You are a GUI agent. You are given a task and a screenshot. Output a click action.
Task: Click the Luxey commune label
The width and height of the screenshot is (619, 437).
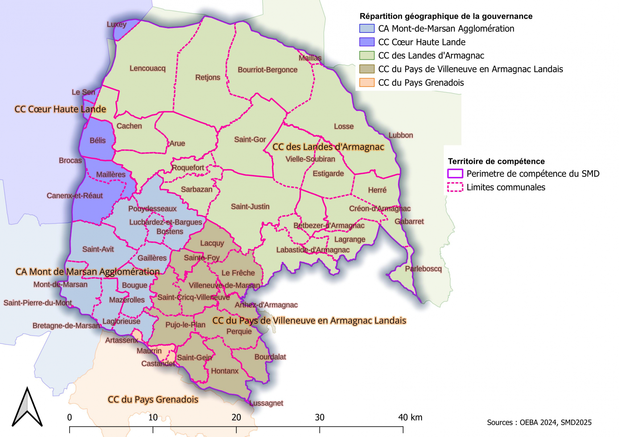116,24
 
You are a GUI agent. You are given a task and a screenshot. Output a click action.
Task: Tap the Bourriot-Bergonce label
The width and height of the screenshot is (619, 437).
267,70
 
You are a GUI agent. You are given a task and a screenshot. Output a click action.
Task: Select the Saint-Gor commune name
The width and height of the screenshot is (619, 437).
250,139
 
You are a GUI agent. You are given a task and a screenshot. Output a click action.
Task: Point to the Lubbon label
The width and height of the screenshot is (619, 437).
401,135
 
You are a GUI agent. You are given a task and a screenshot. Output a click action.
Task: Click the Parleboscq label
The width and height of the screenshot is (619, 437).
423,269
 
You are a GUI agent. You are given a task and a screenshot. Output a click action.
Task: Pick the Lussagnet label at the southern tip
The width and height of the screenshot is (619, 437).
266,403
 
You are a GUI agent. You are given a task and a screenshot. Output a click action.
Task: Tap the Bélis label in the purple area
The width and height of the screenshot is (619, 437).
98,140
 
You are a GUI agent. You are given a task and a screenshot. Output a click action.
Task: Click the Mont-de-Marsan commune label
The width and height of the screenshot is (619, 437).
60,285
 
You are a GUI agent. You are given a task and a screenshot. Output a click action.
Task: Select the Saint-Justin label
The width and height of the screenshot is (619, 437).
250,206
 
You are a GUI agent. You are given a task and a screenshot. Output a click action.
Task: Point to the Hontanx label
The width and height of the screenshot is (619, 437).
225,371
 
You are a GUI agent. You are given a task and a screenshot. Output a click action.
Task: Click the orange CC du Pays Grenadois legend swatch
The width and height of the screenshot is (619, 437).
367,83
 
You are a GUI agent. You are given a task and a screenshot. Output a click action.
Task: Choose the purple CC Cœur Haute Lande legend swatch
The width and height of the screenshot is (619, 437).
367,42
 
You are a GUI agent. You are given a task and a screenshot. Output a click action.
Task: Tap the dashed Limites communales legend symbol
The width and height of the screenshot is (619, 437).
455,187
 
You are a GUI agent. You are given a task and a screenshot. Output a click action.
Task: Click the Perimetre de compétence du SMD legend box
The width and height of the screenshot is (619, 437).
455,174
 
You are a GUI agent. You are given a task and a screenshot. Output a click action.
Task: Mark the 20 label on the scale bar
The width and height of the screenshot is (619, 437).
236,417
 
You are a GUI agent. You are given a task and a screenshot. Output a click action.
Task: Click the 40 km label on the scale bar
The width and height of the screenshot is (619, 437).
410,417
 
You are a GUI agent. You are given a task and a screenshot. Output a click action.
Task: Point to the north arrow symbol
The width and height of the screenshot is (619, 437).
27,407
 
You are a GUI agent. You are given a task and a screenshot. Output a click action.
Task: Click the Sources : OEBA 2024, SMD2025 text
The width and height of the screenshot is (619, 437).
539,423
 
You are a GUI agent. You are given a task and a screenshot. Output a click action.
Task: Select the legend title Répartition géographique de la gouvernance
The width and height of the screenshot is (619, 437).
446,16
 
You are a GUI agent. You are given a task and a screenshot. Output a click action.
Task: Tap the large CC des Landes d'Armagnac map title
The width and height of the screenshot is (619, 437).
328,147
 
